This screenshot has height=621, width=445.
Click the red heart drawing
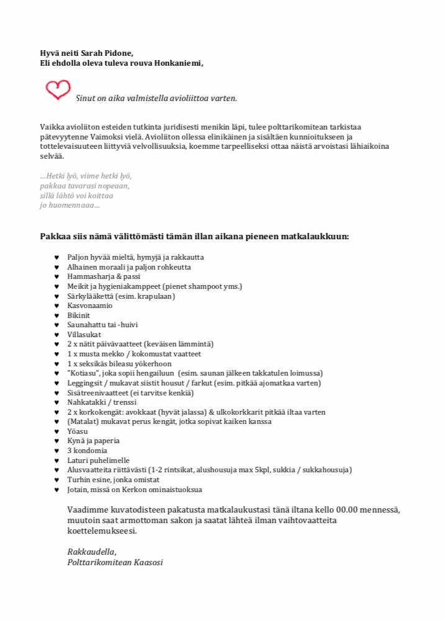pyautogui.click(x=58, y=90)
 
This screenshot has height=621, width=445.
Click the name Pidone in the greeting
pyautogui.click(x=119, y=53)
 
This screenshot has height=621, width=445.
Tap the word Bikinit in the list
pyautogui.click(x=79, y=315)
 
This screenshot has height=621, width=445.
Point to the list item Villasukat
pyautogui.click(x=84, y=335)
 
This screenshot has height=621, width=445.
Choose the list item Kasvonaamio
pyautogui.click(x=90, y=306)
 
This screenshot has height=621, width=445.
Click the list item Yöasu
pyautogui.click(x=77, y=431)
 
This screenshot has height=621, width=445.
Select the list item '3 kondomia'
pyautogui.click(x=88, y=451)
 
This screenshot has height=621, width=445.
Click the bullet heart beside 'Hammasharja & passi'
pyautogui.click(x=56, y=277)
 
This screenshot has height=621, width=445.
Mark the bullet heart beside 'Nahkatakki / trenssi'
pyautogui.click(x=56, y=402)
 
